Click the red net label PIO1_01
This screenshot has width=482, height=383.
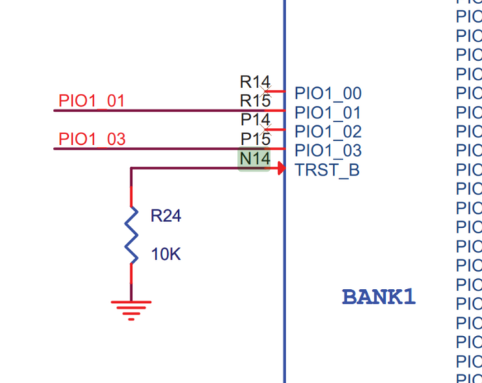pyautogui.click(x=91, y=101)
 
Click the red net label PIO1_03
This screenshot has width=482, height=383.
pyautogui.click(x=92, y=139)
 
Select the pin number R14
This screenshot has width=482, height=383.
pyautogui.click(x=255, y=82)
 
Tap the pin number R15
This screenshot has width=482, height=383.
pyautogui.click(x=255, y=101)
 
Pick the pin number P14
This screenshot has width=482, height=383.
pyautogui.click(x=255, y=120)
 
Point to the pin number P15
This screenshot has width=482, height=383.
pyautogui.click(x=255, y=139)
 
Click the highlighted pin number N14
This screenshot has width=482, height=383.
pyautogui.click(x=254, y=160)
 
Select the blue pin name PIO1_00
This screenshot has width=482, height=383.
pyautogui.click(x=327, y=93)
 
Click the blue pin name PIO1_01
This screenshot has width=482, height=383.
pyautogui.click(x=327, y=112)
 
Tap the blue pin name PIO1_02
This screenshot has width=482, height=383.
pyautogui.click(x=327, y=131)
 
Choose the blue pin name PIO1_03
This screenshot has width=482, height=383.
pyautogui.click(x=327, y=150)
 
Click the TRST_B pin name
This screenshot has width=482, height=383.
pyautogui.click(x=327, y=169)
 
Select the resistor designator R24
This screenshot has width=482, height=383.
pyautogui.click(x=165, y=216)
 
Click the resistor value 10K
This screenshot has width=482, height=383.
pyautogui.click(x=165, y=255)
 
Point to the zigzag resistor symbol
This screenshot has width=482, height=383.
pyautogui.click(x=131, y=235)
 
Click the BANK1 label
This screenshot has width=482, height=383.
pyautogui.click(x=379, y=297)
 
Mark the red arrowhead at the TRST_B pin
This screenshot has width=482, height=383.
pyautogui.click(x=280, y=168)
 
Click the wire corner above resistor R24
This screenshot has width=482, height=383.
pyautogui.click(x=131, y=168)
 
